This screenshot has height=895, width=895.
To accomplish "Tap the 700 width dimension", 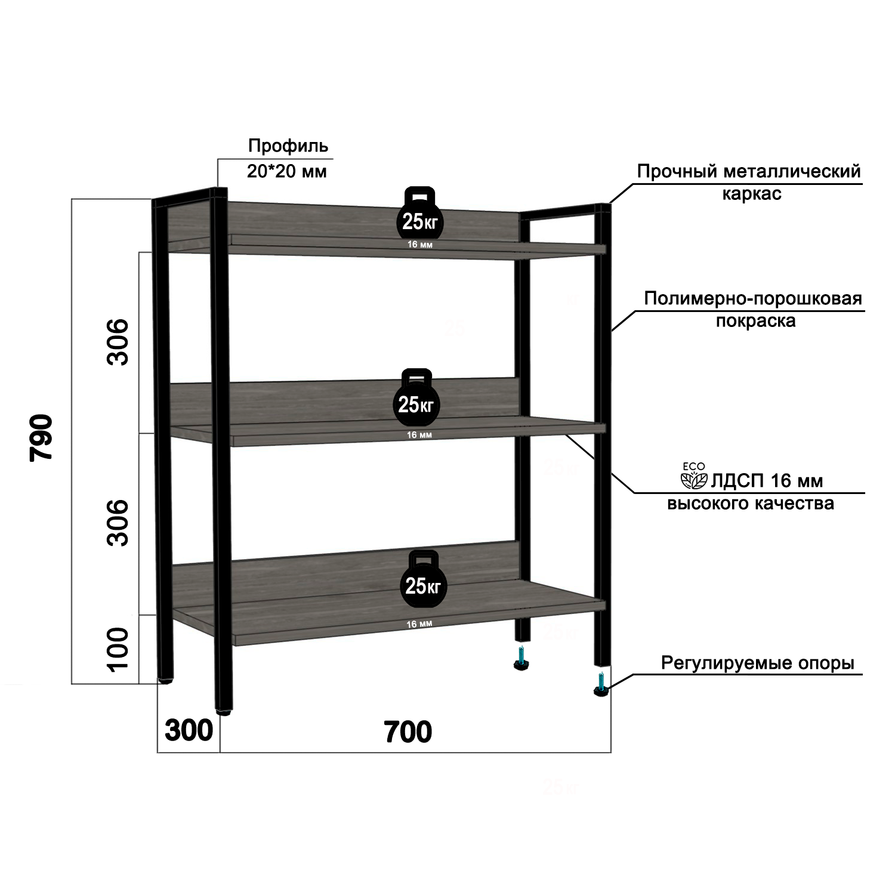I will (x=408, y=732).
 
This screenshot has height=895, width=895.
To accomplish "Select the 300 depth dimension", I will (x=189, y=731).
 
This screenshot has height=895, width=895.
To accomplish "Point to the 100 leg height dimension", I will (x=118, y=649).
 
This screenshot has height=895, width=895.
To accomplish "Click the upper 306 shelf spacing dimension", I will (x=118, y=341).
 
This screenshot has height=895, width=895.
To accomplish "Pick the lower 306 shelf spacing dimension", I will (x=118, y=523).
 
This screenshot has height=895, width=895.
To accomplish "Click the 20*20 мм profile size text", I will (x=287, y=172).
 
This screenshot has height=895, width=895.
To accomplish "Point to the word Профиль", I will (x=288, y=146).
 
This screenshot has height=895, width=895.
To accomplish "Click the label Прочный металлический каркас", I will (x=749, y=182).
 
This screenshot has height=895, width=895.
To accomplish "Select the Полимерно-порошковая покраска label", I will (x=754, y=309).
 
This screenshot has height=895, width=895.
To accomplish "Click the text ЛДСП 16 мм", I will (x=767, y=481).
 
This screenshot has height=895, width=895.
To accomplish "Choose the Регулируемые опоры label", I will (x=758, y=663).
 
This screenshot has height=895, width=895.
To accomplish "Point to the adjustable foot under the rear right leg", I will (x=523, y=660).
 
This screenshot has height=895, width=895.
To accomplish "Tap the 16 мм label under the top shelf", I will (x=420, y=245).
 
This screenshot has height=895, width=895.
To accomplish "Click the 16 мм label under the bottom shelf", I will (x=419, y=624).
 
